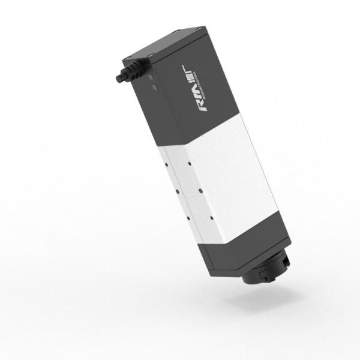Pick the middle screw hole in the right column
coord(199,190)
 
